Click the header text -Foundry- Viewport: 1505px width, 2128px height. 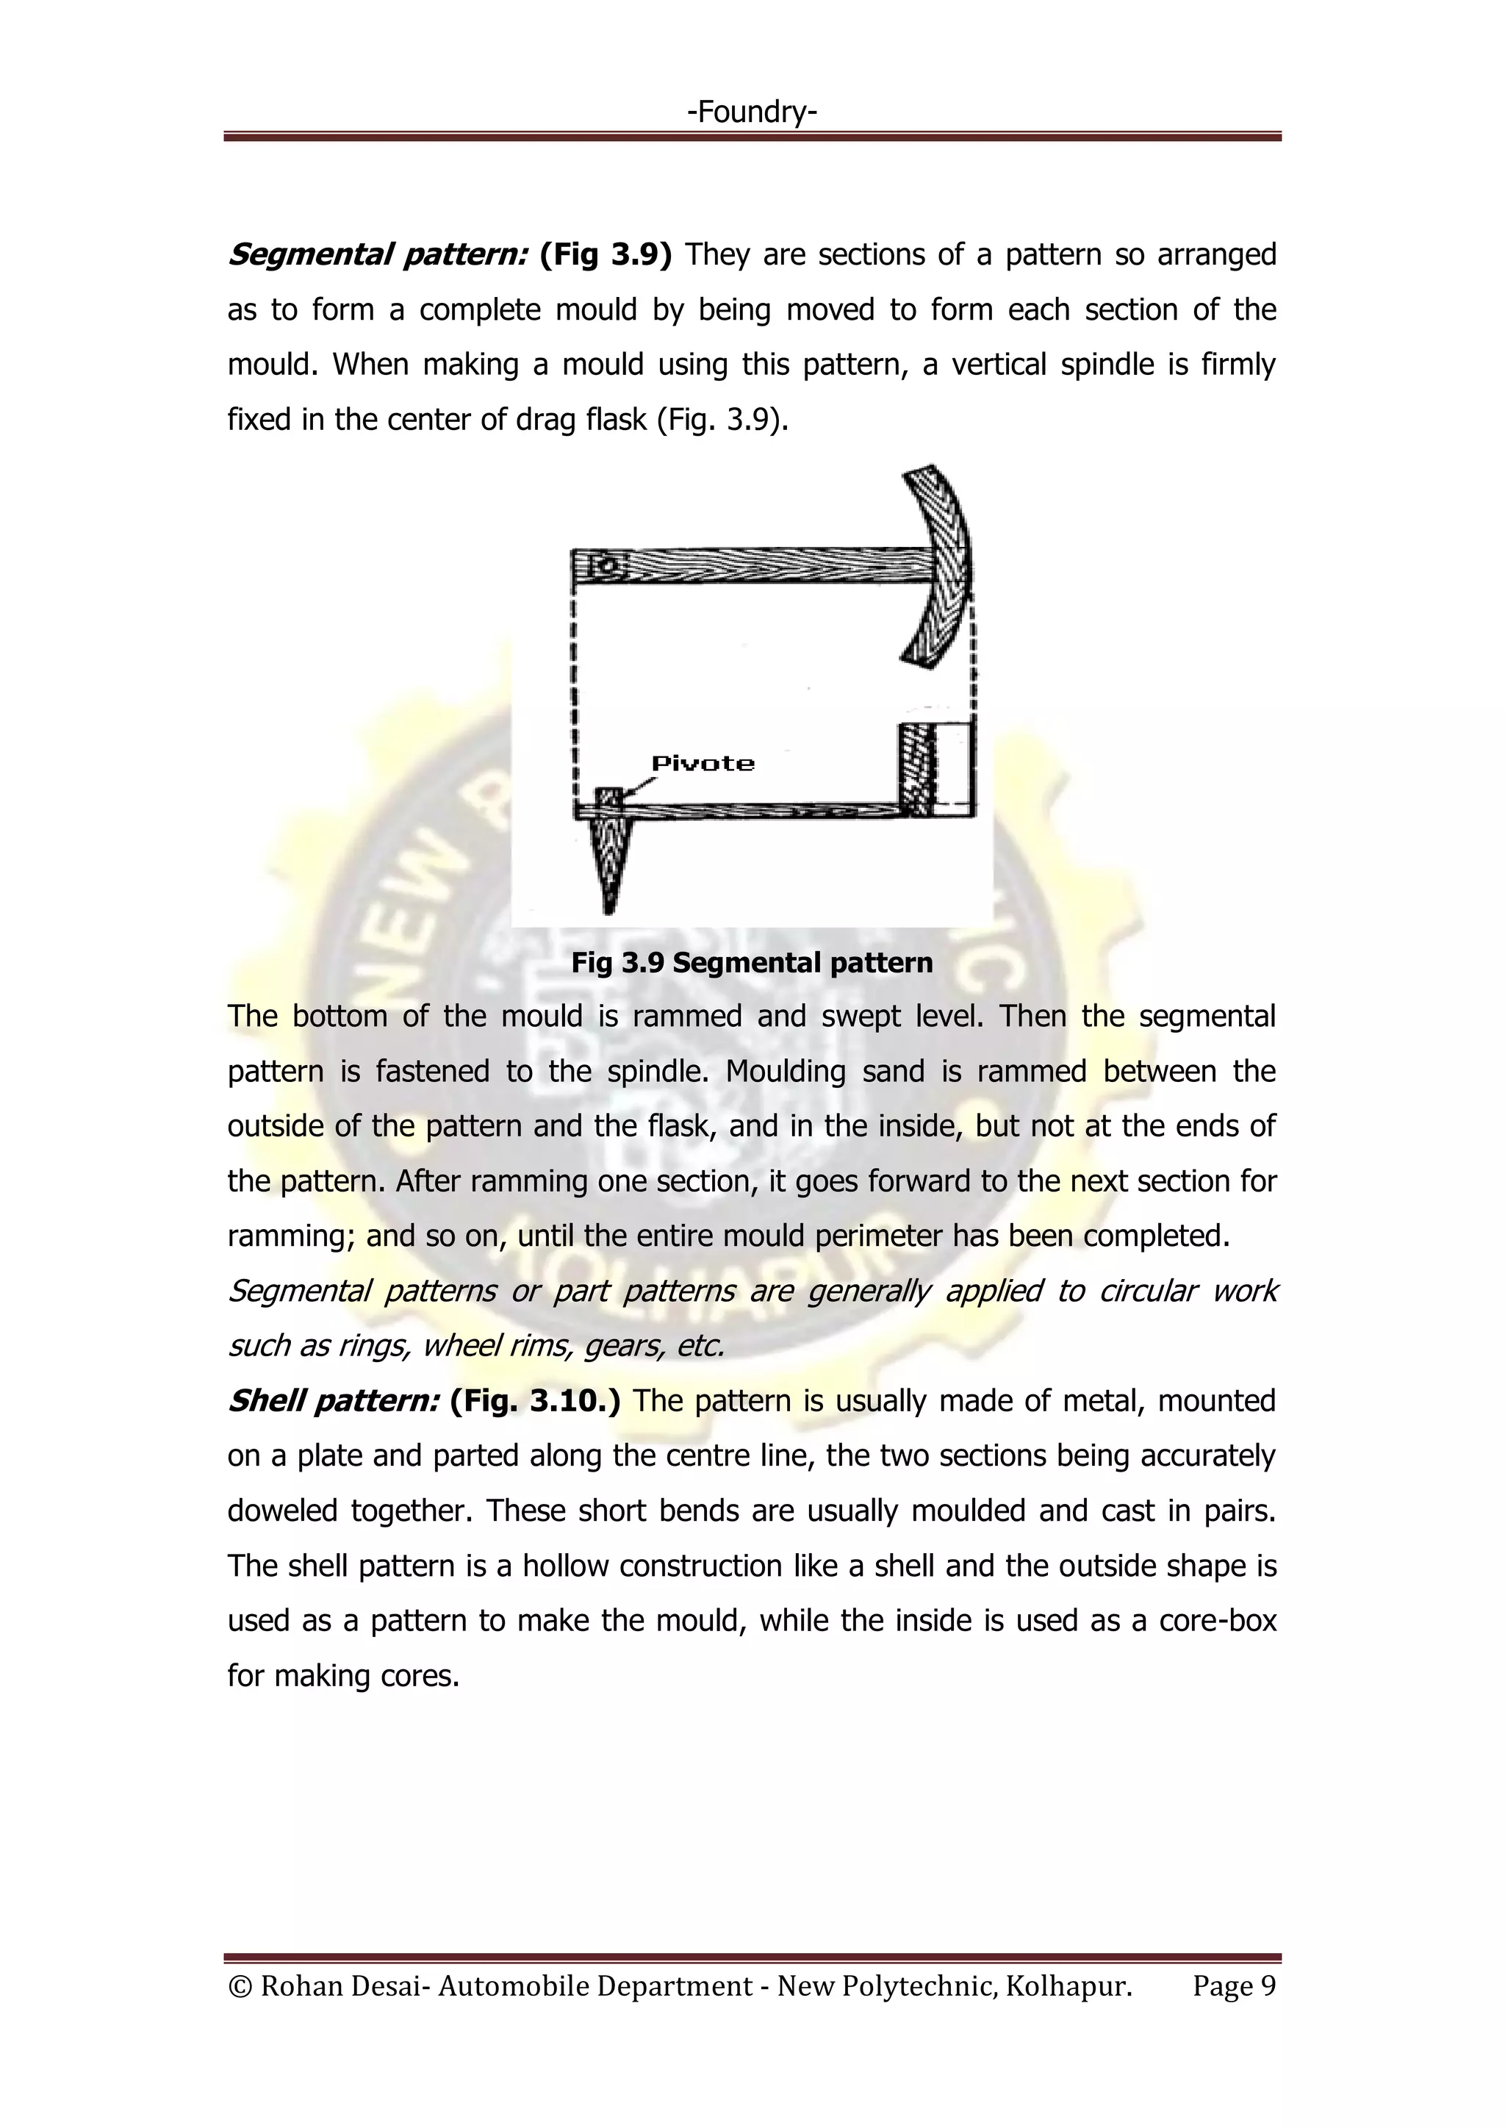tap(752, 112)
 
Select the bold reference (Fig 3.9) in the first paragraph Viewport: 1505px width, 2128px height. tap(605, 254)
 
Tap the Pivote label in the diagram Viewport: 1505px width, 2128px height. tap(703, 764)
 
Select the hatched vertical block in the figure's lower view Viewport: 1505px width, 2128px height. tap(916, 770)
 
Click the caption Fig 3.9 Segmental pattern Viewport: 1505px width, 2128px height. tap(752, 963)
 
